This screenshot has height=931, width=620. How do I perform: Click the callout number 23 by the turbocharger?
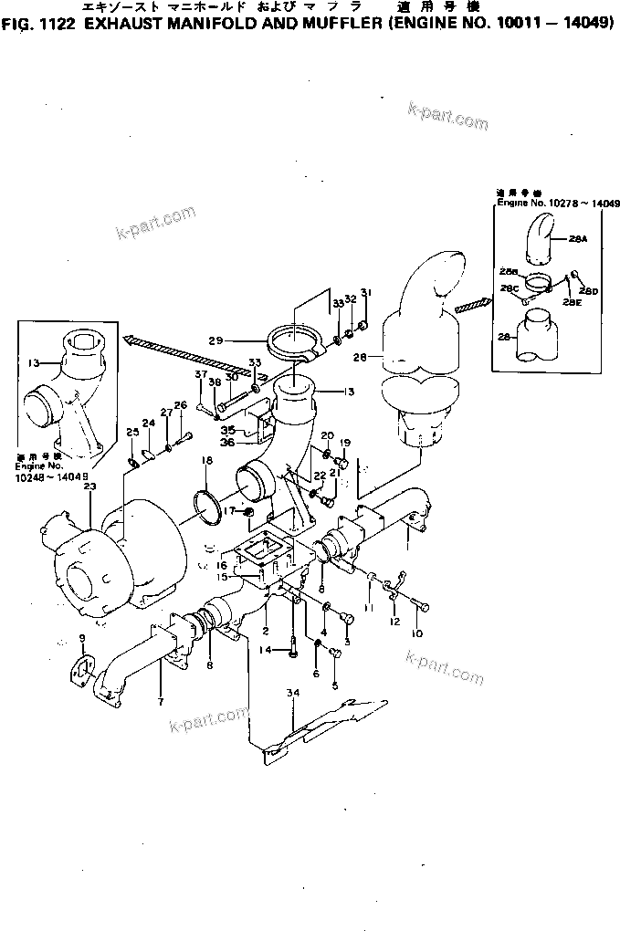[89, 487]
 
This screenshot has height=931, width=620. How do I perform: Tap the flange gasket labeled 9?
[82, 669]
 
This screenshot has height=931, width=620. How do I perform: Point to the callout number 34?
[292, 696]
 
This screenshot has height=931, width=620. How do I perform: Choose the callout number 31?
[365, 293]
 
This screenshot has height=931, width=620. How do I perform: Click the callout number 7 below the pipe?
[160, 701]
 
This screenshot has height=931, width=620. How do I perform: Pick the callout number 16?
[222, 565]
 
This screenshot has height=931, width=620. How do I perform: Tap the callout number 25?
[131, 432]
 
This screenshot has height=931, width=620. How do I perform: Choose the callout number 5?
[334, 685]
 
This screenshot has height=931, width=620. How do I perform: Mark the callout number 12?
[394, 622]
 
